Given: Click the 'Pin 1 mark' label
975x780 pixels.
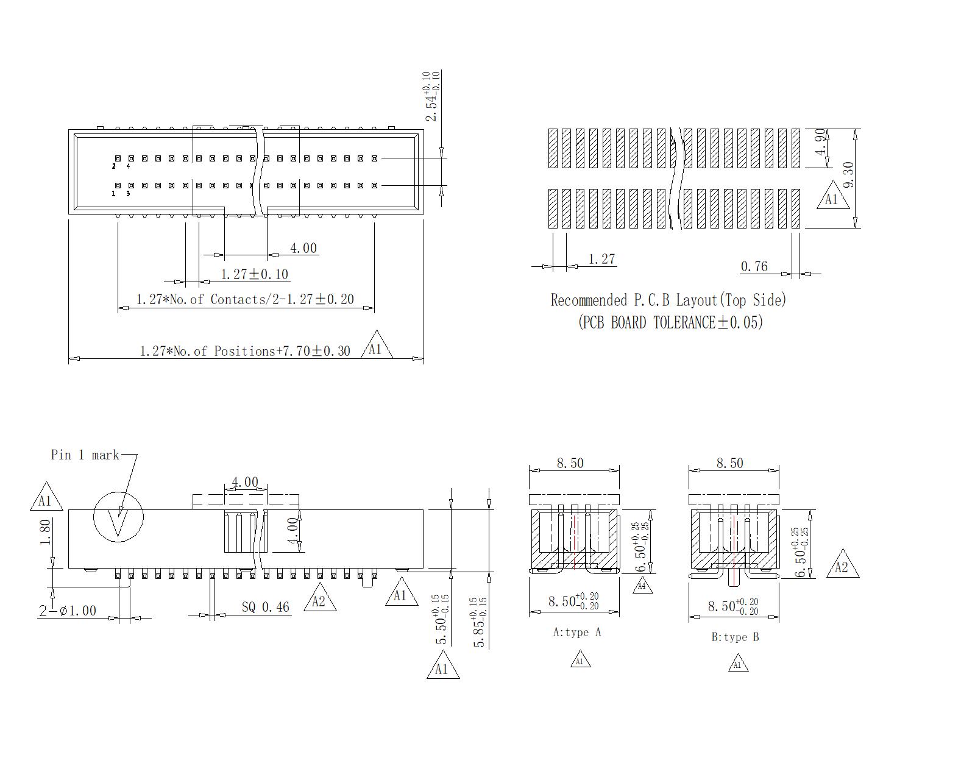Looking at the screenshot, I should [x=85, y=455].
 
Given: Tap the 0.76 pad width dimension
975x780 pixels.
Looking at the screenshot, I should [x=754, y=266].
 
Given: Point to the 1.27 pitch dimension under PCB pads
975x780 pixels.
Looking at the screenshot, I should [x=601, y=260].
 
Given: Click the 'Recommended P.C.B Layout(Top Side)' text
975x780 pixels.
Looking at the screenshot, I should [x=668, y=300].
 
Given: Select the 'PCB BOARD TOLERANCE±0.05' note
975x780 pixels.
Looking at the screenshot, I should [x=670, y=322].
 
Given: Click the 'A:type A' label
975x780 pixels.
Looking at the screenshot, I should [x=576, y=633].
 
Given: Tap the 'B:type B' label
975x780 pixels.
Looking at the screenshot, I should [x=735, y=637].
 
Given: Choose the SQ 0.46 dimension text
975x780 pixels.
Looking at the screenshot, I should [x=265, y=607].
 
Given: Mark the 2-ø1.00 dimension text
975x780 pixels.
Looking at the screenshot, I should [x=68, y=611].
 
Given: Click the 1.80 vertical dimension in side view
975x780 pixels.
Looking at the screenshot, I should [x=45, y=533].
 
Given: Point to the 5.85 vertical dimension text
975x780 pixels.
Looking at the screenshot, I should [x=480, y=622].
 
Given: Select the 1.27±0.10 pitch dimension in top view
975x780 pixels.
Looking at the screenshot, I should [x=254, y=274].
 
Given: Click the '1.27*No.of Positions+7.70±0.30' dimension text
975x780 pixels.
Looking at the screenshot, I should [x=245, y=351].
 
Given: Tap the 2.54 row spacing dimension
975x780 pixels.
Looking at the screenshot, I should [x=431, y=96].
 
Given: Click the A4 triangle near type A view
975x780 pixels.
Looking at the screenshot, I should [x=641, y=586].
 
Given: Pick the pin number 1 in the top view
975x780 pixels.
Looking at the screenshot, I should [x=114, y=194].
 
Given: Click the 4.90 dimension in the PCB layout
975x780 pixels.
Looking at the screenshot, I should [x=820, y=141].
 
